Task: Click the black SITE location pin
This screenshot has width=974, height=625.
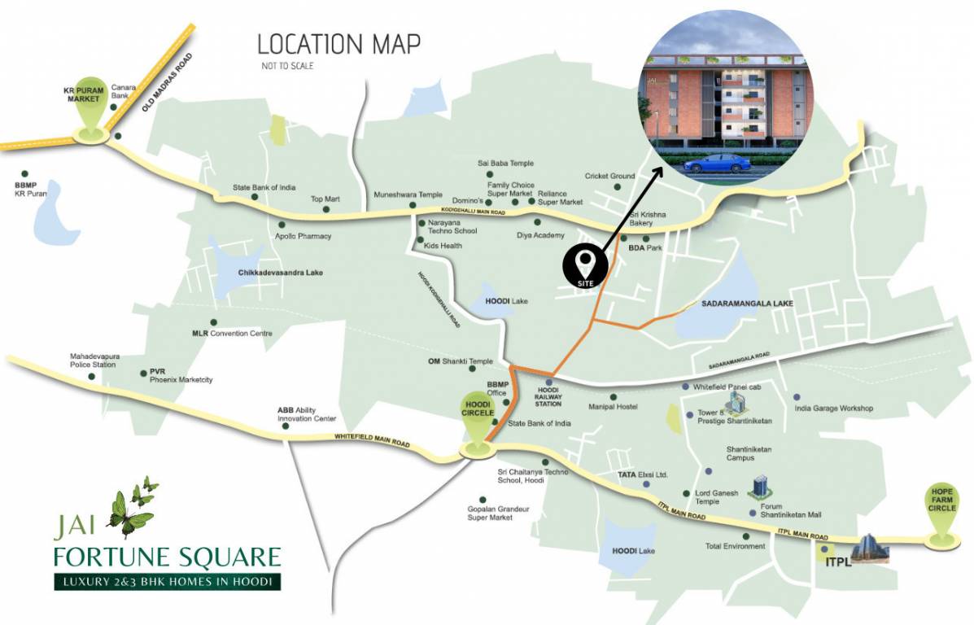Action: pos(586,264)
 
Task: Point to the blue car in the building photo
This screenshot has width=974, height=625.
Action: pos(716,163)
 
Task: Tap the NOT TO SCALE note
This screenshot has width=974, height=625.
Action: pos(286,66)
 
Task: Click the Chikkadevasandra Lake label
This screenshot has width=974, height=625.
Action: pos(280,273)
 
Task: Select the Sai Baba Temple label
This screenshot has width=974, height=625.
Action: pos(505,164)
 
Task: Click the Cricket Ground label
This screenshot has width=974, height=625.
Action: pos(609,176)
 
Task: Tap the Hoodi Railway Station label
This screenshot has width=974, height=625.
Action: pos(548,396)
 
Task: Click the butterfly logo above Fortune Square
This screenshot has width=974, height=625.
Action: pos(132,508)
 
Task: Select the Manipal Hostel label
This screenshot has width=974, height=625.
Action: pos(612,407)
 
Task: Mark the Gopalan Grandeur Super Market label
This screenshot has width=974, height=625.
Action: pos(498,513)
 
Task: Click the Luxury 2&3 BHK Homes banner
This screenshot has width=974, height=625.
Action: pos(167,582)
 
